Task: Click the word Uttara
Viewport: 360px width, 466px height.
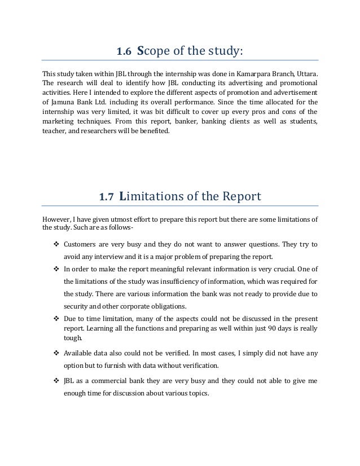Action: [x=305, y=73]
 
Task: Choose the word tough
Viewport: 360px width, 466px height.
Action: [x=72, y=338]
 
